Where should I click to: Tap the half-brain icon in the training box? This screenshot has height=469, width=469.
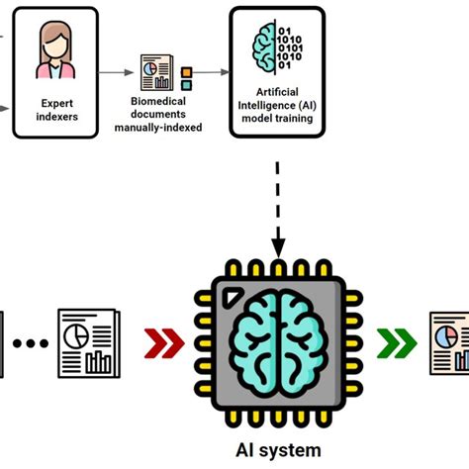(268, 50)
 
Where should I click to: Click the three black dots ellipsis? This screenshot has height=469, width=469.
(32, 344)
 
